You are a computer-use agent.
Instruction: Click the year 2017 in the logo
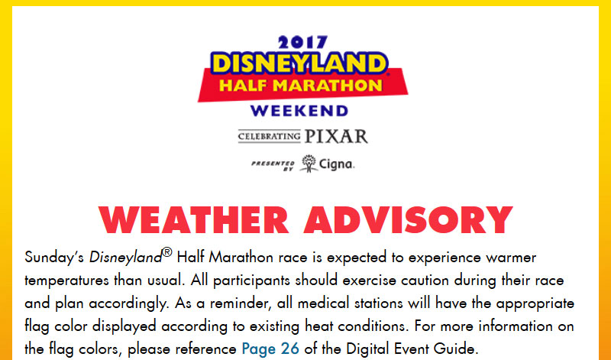302,43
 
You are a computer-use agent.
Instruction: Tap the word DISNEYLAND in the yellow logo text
299,63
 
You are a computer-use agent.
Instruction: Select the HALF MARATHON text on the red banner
300,86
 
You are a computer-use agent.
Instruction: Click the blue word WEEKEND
299,111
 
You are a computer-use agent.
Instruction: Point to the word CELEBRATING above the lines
270,137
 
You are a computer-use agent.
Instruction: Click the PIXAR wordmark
336,137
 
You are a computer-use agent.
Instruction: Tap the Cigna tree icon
309,164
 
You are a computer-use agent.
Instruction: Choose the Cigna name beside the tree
337,164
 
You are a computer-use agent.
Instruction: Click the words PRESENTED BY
273,165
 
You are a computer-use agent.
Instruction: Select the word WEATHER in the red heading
194,220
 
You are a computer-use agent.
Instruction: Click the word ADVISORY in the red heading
408,220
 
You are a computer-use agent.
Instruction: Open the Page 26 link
270,349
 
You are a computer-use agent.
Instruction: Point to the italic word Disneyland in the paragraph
125,258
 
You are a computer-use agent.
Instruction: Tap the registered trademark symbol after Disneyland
166,252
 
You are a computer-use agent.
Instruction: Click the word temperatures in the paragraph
66,281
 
